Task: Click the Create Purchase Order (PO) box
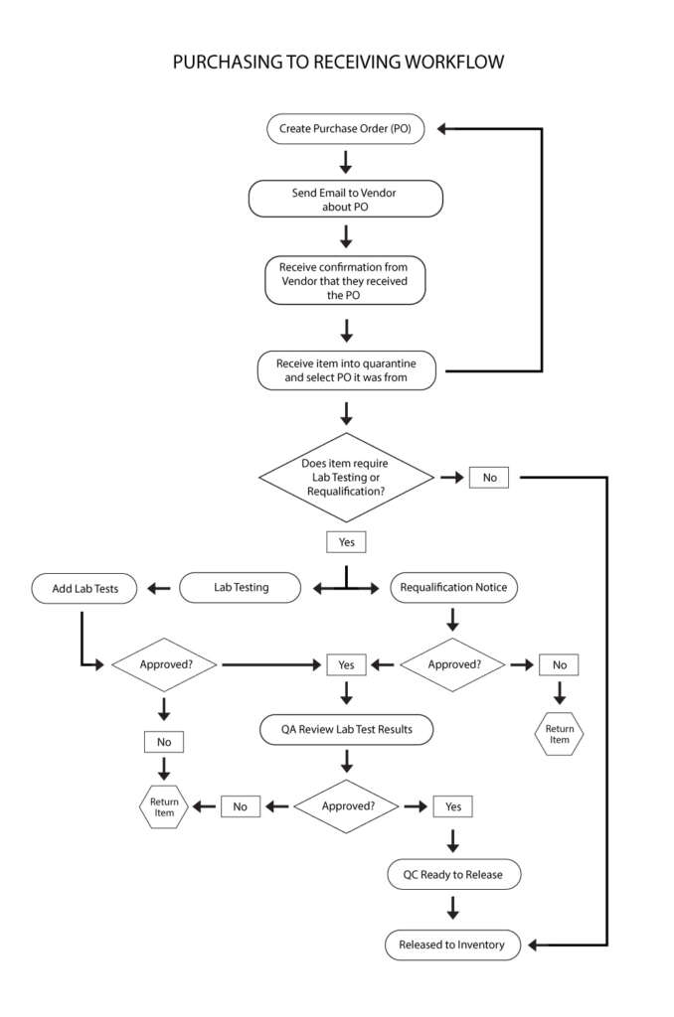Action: (x=345, y=128)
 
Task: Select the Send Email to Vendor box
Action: (x=345, y=199)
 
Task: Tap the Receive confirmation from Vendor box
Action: (x=345, y=280)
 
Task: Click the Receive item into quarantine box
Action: (x=346, y=370)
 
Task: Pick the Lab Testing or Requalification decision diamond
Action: (x=346, y=478)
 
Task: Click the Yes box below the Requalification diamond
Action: (x=346, y=541)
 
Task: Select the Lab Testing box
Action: (x=241, y=588)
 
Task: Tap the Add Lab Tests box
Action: (x=84, y=588)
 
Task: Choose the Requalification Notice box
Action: (x=453, y=588)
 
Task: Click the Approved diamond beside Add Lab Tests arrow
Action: (x=164, y=664)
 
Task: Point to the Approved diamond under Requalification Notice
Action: (x=453, y=664)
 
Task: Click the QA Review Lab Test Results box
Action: (x=346, y=730)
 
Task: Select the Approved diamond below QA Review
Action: (x=347, y=806)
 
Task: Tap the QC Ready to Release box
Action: (x=453, y=874)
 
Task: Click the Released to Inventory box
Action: (x=452, y=945)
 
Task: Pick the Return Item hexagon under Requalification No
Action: (x=559, y=734)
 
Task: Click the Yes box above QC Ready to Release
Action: (x=452, y=806)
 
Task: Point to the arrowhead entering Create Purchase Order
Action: (x=442, y=129)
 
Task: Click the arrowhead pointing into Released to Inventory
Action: (x=533, y=945)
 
